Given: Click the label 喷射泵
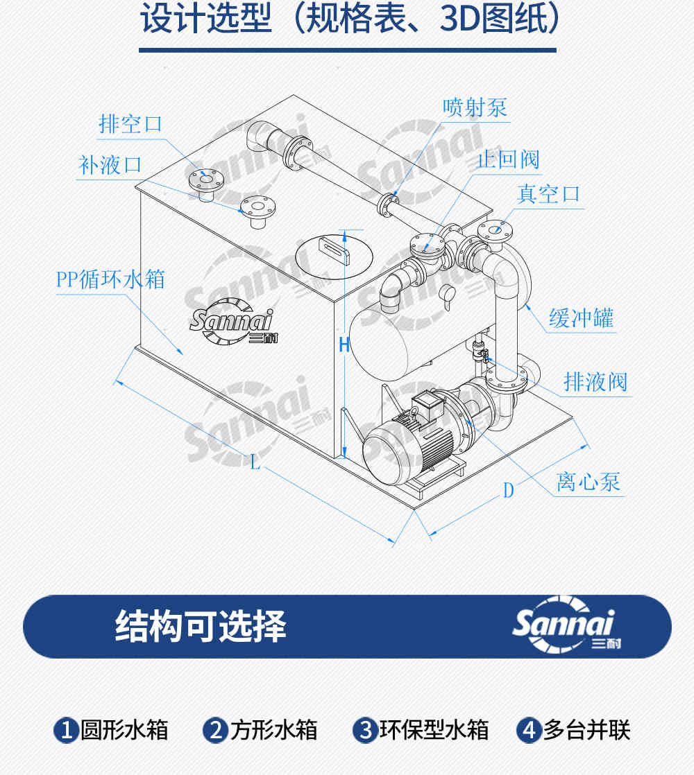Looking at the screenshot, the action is click(x=475, y=107).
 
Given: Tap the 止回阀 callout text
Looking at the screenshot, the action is click(x=508, y=159).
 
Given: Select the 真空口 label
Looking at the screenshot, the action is click(x=548, y=194).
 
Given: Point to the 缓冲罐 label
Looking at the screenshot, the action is click(x=581, y=317).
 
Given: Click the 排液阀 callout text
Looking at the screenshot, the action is click(x=595, y=381).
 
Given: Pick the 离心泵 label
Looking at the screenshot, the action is click(x=588, y=481).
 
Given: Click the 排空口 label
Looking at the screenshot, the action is click(x=130, y=123).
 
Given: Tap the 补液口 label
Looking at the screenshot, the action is click(x=110, y=164).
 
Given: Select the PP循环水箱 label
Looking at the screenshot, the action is click(x=110, y=279).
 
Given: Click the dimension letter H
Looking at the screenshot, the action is click(x=344, y=345).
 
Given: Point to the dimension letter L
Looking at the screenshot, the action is click(x=255, y=462).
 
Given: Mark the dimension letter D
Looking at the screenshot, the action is click(x=509, y=490).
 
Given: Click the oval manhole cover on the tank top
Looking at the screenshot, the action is click(x=334, y=256).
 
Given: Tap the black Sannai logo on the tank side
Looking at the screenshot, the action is click(x=232, y=321).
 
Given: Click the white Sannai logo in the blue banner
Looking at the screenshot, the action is click(x=566, y=625).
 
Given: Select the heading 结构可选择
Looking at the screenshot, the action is click(x=201, y=626).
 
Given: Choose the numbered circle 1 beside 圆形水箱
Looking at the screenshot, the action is click(x=66, y=730).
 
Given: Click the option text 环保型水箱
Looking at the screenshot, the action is click(x=434, y=730).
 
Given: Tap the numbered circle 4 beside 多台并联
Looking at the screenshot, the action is click(x=529, y=730).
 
